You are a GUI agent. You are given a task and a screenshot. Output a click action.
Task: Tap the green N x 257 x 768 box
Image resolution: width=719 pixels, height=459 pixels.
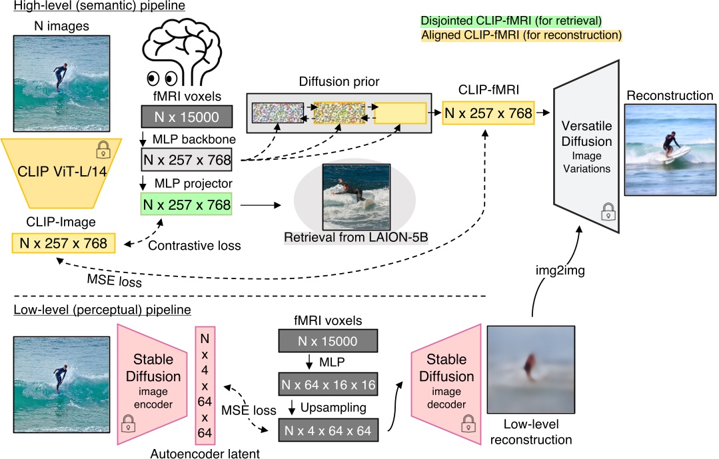point(186,206)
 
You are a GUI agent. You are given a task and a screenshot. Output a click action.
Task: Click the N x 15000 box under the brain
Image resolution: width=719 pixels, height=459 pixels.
point(186,117)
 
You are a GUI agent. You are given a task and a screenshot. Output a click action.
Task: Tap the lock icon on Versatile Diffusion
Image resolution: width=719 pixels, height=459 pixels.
point(608,212)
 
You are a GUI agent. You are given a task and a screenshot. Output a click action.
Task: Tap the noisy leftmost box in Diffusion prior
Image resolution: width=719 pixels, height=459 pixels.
point(276,113)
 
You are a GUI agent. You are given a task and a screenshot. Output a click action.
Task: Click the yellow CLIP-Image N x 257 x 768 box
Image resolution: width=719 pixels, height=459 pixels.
point(63,243)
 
